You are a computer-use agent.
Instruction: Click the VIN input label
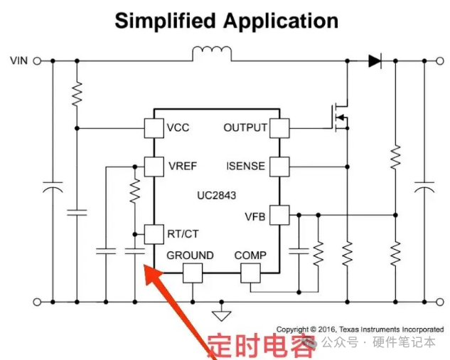18,60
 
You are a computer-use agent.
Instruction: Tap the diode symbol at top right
374,60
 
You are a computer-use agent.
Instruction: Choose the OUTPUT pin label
245,128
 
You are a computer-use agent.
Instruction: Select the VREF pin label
183,166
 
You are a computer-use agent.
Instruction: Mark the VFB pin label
255,216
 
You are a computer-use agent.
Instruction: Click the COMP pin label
250,255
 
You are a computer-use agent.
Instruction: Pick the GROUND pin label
190,255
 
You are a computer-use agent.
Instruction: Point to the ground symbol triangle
223,314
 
